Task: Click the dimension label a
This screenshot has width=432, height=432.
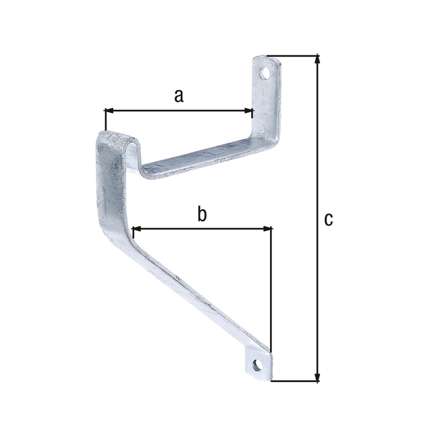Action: click(x=178, y=95)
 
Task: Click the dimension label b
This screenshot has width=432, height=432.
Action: click(x=201, y=215)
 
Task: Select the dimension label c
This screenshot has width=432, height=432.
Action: click(x=328, y=219)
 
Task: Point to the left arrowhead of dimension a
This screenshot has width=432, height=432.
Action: click(x=109, y=110)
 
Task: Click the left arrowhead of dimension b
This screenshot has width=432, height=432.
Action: click(x=138, y=229)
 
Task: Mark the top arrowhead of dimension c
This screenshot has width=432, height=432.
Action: click(x=316, y=59)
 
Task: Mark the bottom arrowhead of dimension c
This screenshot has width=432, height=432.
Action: click(x=316, y=377)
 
